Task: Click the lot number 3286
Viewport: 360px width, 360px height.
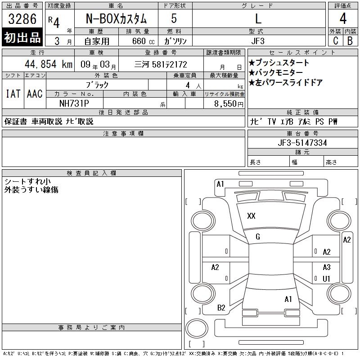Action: click(22, 19)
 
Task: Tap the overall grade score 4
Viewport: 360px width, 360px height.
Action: click(343, 18)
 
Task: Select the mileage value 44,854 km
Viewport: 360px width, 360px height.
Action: click(49, 64)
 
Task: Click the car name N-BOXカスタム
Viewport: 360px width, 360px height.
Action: click(116, 18)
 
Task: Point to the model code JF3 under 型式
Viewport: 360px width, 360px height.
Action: click(258, 41)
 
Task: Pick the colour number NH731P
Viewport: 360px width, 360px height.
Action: click(74, 103)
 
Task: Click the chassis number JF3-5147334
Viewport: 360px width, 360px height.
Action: click(302, 143)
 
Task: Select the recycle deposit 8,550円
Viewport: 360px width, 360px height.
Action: click(229, 104)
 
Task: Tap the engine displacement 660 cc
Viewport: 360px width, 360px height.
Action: click(143, 41)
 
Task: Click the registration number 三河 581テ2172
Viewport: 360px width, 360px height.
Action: click(161, 64)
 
